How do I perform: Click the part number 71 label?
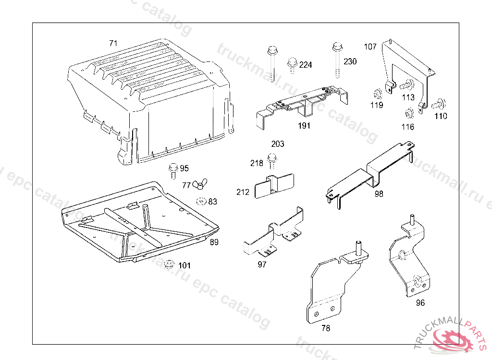point(113,43)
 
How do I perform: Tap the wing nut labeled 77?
point(198,184)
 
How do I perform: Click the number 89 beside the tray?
point(214,242)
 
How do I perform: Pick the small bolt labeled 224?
point(292,64)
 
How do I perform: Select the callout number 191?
point(304,126)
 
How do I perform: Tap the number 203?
point(278,144)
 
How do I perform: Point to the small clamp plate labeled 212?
point(273,186)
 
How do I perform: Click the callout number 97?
point(262,264)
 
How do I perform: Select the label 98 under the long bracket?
point(380,193)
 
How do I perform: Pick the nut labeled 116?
point(409,115)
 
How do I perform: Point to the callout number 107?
point(370,47)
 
